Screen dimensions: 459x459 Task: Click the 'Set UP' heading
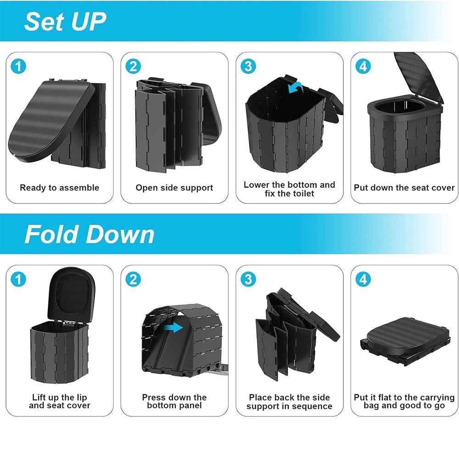(x=65, y=21)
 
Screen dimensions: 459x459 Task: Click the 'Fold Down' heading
(x=90, y=234)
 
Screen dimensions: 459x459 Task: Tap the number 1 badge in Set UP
(x=18, y=67)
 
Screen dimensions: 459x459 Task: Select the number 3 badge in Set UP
(x=248, y=67)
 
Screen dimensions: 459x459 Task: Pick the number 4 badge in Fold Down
(x=363, y=279)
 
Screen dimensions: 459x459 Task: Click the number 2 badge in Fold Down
(x=133, y=279)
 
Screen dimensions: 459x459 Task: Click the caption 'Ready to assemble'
(x=59, y=188)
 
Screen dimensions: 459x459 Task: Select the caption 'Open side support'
(x=174, y=188)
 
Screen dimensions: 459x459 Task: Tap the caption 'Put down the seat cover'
(x=404, y=188)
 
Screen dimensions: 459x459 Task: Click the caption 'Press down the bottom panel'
(x=174, y=402)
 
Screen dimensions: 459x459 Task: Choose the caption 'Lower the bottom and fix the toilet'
(x=289, y=189)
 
